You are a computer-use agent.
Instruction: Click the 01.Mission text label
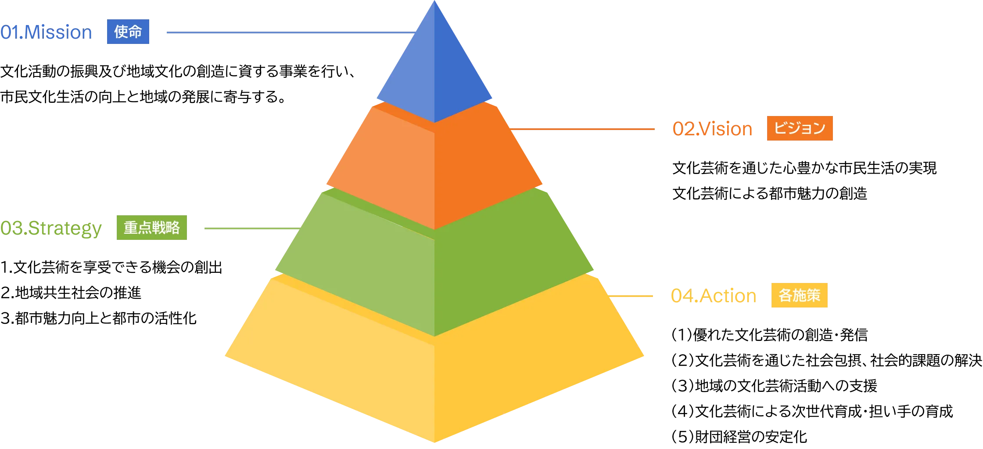coord(46,33)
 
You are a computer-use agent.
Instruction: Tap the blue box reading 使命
coord(128,32)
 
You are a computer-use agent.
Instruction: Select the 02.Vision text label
coord(713,129)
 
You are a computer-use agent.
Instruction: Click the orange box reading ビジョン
coord(800,128)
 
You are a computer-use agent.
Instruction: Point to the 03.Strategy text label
coord(51,228)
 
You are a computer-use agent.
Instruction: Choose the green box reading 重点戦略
coord(152,228)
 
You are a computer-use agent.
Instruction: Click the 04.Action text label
coord(714,296)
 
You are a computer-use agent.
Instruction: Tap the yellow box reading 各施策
coord(799,295)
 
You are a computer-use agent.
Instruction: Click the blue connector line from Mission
coord(287,33)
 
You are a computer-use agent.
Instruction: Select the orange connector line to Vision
coord(584,129)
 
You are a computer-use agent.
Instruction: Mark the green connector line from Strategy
coord(250,228)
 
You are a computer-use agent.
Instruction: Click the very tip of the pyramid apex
coord(434,3)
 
